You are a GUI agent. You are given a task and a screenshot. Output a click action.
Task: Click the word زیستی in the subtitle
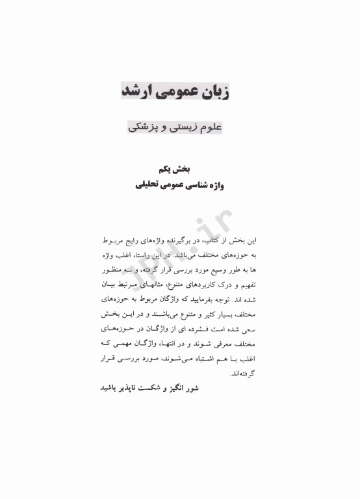(179, 127)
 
